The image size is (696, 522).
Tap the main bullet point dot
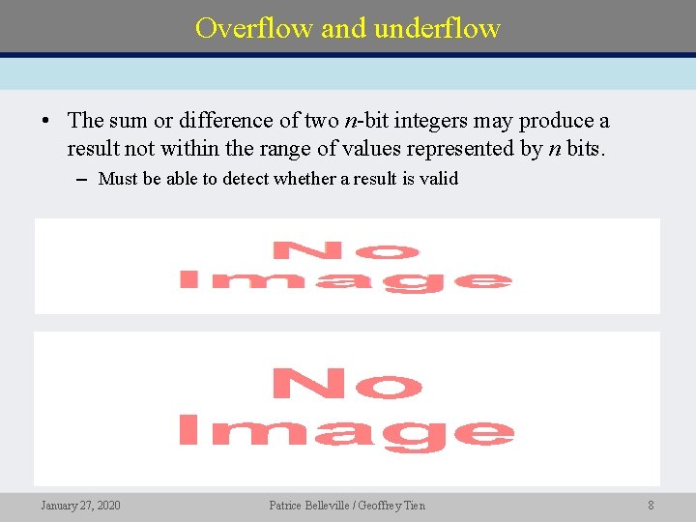[45, 122]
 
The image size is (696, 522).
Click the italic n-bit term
[370, 121]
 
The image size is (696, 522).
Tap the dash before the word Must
[84, 179]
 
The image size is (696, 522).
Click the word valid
[439, 178]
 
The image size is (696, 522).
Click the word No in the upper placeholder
[345, 252]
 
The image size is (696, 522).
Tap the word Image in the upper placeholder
[345, 280]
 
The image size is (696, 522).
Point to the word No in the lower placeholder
[345, 385]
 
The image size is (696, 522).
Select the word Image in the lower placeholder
[345, 431]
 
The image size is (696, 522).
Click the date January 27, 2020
[81, 505]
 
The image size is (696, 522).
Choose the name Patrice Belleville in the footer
[310, 505]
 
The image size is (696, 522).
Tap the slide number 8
[651, 505]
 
